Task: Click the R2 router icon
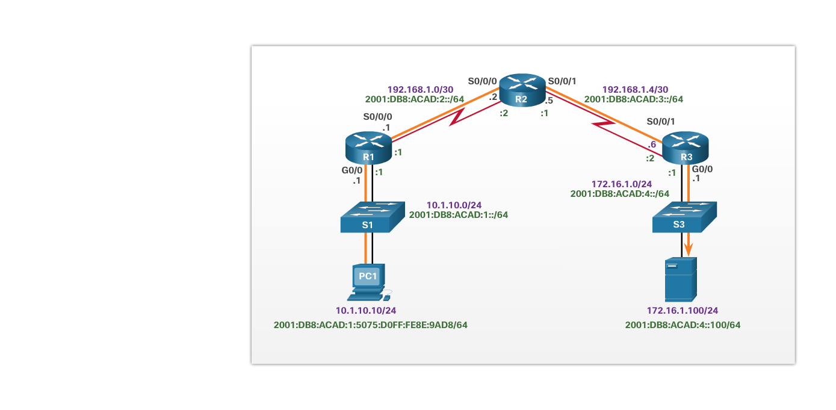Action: pyautogui.click(x=522, y=90)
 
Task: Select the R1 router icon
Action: pyautogui.click(x=368, y=148)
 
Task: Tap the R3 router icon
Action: pyautogui.click(x=686, y=148)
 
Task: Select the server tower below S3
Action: pyautogui.click(x=681, y=279)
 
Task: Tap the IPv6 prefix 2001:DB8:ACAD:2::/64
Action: pyautogui.click(x=415, y=99)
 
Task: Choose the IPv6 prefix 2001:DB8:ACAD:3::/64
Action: pyautogui.click(x=634, y=99)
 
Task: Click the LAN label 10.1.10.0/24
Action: pyautogui.click(x=454, y=205)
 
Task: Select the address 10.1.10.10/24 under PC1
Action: pyautogui.click(x=366, y=311)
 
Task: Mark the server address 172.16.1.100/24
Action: pyautogui.click(x=683, y=311)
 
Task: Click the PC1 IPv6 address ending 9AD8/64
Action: pyautogui.click(x=371, y=325)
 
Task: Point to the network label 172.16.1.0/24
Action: pyautogui.click(x=622, y=184)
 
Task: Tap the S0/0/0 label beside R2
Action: pyautogui.click(x=483, y=81)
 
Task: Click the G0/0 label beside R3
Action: pyautogui.click(x=702, y=169)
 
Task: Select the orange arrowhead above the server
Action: pyautogui.click(x=689, y=249)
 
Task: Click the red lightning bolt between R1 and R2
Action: pyautogui.click(x=459, y=116)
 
